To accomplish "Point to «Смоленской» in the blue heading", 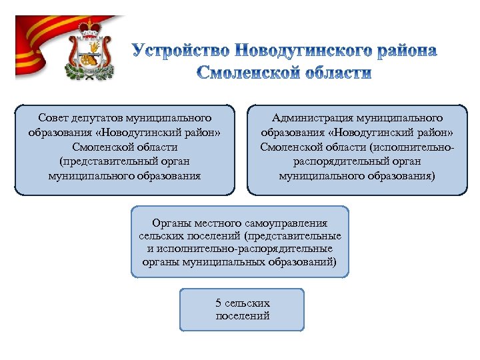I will click(245, 73).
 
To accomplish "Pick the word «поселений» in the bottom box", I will click(243, 315).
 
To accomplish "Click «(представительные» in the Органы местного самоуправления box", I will click(293, 236).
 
